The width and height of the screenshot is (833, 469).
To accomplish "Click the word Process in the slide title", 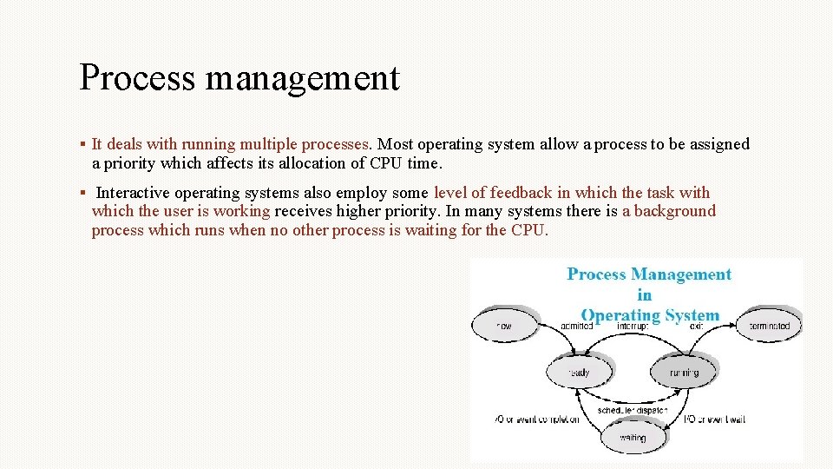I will (137, 77).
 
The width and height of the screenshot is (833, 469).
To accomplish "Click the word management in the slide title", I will (302, 79).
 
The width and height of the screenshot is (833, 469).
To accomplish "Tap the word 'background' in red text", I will (675, 211).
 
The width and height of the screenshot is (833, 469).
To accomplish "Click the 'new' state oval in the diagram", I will (504, 327).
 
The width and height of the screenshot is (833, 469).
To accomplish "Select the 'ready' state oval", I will (579, 373).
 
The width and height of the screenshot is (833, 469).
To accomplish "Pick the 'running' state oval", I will (685, 373).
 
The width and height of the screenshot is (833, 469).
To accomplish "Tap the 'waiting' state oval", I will (633, 438).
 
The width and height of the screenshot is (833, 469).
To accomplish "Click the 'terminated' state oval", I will (769, 327).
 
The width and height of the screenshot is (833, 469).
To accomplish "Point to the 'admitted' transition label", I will (576, 327).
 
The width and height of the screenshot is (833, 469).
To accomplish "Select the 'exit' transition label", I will (697, 327).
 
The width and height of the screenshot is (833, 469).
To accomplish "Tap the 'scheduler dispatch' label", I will (632, 410).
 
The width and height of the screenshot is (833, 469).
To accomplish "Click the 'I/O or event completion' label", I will (536, 420).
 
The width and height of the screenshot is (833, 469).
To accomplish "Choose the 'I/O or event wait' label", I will (714, 420).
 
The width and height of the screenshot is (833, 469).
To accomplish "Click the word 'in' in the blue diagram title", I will (644, 295).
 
